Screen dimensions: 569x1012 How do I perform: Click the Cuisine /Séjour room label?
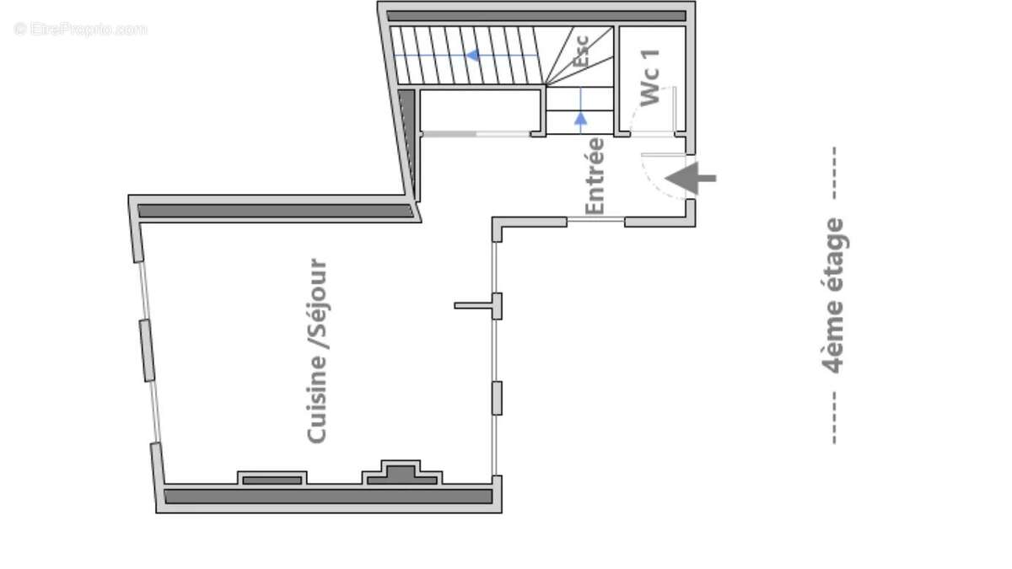(x=317, y=351)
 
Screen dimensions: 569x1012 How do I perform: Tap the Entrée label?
(x=595, y=175)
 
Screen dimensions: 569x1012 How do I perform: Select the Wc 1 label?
(x=650, y=78)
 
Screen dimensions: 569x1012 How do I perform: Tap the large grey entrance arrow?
(x=691, y=178)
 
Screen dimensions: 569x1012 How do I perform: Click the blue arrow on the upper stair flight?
(x=474, y=56)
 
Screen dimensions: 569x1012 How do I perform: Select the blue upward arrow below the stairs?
(x=580, y=119)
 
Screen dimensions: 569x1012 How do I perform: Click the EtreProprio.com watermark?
(x=80, y=29)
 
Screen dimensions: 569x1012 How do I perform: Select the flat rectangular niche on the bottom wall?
(x=272, y=478)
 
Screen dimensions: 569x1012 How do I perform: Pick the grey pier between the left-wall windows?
(x=147, y=350)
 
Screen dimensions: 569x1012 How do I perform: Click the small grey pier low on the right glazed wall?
(x=497, y=398)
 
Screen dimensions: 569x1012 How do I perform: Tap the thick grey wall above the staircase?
(x=536, y=15)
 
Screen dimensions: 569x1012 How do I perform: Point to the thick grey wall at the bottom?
(x=328, y=497)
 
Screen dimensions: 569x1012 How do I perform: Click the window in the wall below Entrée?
(x=595, y=220)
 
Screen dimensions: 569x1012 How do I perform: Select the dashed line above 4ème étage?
(x=833, y=173)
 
